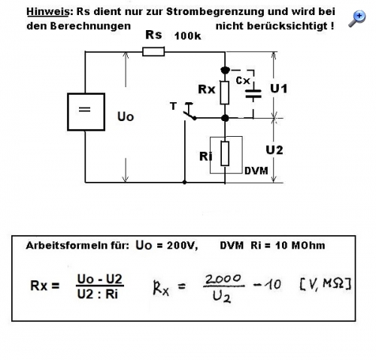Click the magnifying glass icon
click(357, 19)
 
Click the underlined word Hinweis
click(47, 12)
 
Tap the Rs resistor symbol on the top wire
click(153, 52)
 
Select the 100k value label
click(187, 36)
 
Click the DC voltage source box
click(86, 112)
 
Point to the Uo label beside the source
click(126, 116)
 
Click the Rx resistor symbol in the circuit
click(225, 92)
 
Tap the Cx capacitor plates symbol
click(253, 94)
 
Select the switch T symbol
click(189, 112)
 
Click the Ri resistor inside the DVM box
click(225, 153)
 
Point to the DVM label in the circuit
click(256, 171)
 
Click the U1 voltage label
click(278, 89)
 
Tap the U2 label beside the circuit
click(274, 150)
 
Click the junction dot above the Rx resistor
click(225, 70)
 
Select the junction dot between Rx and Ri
click(225, 118)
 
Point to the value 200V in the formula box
click(182, 246)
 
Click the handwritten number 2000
click(223, 279)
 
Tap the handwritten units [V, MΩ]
click(325, 284)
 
